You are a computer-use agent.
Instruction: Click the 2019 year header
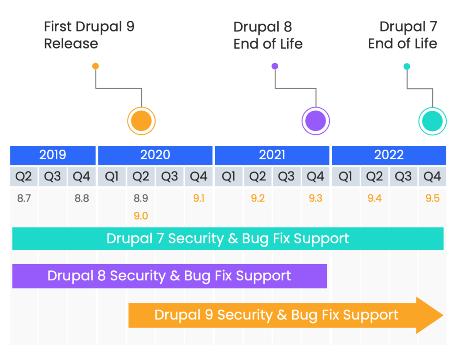(x=53, y=155)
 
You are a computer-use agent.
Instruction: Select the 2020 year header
(x=155, y=155)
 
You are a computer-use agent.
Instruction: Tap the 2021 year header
(x=272, y=155)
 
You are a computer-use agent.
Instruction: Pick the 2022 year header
(x=389, y=155)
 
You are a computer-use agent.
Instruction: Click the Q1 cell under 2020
(x=112, y=176)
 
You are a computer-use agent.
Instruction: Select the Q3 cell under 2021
(x=287, y=176)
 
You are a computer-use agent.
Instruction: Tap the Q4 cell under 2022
(x=433, y=176)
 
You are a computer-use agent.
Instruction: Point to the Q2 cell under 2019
(x=24, y=176)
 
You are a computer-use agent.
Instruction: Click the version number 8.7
(x=24, y=198)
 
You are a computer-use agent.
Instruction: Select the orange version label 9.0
(x=141, y=216)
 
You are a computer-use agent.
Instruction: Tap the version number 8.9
(x=141, y=198)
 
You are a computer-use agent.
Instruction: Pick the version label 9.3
(x=316, y=198)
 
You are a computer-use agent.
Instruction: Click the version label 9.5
(x=433, y=198)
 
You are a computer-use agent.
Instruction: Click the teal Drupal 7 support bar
(x=228, y=238)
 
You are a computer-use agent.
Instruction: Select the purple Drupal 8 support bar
(x=170, y=276)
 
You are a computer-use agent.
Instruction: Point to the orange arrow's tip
(x=443, y=315)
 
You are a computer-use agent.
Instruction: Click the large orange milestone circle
(x=141, y=121)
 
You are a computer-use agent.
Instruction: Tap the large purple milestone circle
(x=316, y=121)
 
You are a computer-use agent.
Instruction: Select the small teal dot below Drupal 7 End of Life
(x=407, y=67)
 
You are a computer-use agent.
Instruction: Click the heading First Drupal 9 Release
(x=89, y=35)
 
